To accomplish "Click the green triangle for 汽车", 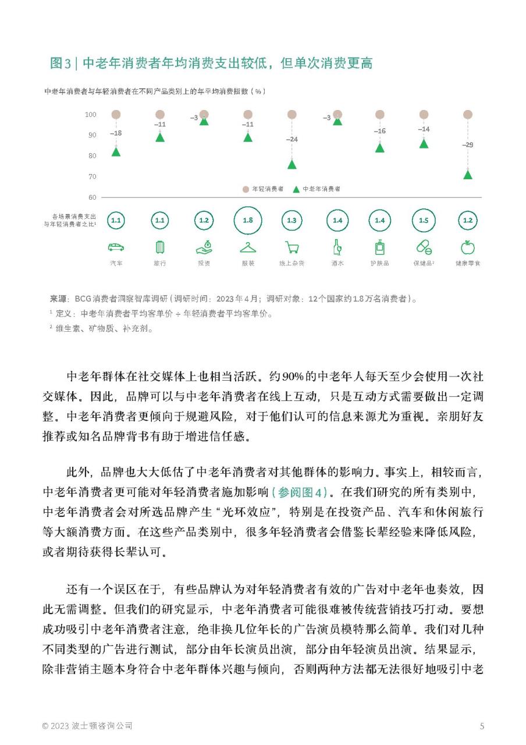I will point(116,152).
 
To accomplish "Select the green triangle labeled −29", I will point(467,174).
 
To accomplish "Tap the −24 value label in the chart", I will point(292,140).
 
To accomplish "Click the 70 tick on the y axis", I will point(92,176).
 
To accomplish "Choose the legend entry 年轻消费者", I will point(264,189).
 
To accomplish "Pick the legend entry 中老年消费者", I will point(317,189).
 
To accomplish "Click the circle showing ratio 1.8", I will point(248,221).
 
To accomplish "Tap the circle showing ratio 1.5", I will point(424,221).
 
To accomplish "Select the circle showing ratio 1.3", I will point(292,221).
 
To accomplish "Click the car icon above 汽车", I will point(116,247).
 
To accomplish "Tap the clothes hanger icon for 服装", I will point(248,247).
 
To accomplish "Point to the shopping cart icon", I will point(292,247).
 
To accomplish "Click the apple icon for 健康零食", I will point(467,247).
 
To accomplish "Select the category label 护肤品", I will point(379,264).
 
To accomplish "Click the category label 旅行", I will point(159,264).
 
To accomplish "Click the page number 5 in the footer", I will point(482,726).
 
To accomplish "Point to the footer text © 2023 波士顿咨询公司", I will point(87,726).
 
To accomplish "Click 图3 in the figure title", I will point(61,63).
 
